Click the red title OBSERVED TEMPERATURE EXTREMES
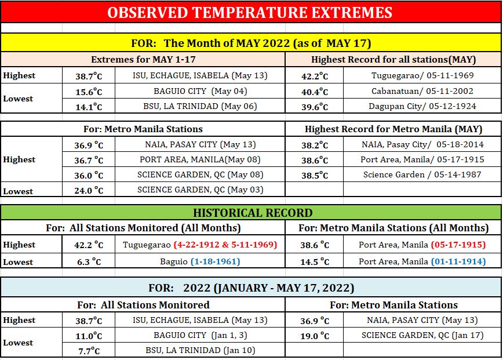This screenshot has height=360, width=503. point(250,13)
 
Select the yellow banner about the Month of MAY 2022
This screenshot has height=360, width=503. point(251,43)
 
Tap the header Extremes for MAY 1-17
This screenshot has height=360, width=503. point(143,59)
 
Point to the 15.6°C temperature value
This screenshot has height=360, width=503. point(89,92)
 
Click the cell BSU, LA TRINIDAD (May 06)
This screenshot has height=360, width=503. point(200,106)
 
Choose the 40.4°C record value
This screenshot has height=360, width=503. point(314,92)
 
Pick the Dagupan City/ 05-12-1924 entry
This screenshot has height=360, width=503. point(422,106)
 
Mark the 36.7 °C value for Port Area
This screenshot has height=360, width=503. point(89,159)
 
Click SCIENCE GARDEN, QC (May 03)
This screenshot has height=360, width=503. point(200,190)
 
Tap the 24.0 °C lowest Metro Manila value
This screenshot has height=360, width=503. point(89,190)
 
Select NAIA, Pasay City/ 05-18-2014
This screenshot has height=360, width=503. point(422,144)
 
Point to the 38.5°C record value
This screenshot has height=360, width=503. point(314,175)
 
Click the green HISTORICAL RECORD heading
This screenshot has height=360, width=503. point(253,213)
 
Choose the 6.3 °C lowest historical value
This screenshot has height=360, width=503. point(89,261)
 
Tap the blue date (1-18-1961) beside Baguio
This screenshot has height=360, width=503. point(215,261)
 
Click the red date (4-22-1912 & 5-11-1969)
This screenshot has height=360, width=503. point(225,245)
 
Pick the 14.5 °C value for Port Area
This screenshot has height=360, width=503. point(314,261)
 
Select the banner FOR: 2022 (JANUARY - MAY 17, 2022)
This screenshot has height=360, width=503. point(251,288)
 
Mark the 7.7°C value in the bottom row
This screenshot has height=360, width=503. point(89,351)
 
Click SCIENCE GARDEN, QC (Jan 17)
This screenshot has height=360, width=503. point(422,335)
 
